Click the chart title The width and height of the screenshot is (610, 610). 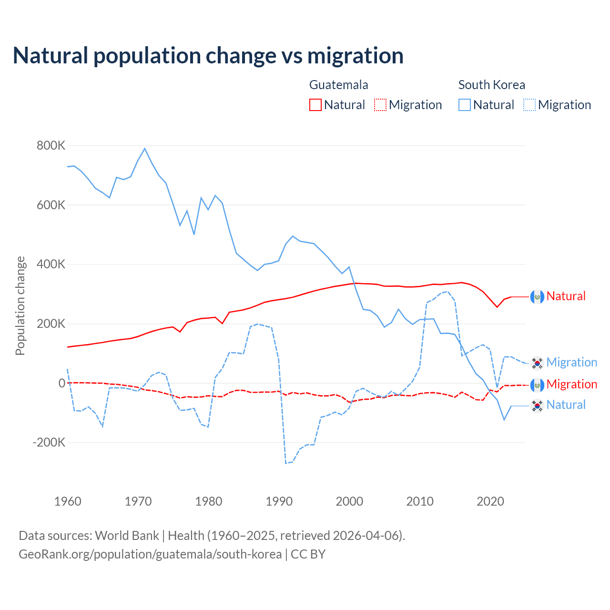[208, 56]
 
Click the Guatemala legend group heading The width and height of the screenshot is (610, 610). [338, 85]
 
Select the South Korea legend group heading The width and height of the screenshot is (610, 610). [491, 85]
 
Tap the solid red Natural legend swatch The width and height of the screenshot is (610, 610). [315, 105]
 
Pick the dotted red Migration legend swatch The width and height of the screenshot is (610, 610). [380, 105]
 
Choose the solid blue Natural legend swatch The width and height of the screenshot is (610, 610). [465, 105]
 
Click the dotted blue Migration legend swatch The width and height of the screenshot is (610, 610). [529, 105]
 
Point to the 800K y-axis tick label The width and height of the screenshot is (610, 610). [51, 145]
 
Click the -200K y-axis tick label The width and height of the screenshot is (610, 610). [49, 442]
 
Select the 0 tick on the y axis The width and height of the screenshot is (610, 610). [61, 383]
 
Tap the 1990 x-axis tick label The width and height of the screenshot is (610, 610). [279, 501]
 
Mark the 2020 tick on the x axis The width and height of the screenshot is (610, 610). [490, 501]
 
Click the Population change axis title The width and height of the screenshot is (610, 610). [20, 305]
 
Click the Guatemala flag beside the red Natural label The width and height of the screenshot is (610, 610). [537, 296]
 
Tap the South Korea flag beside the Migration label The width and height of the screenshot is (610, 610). [537, 363]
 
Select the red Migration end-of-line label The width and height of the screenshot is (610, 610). [571, 384]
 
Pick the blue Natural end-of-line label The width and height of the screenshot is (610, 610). [566, 405]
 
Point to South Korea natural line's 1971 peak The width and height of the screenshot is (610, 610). [145, 149]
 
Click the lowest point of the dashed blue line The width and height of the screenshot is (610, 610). [286, 463]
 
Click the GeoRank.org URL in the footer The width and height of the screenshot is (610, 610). [150, 554]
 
